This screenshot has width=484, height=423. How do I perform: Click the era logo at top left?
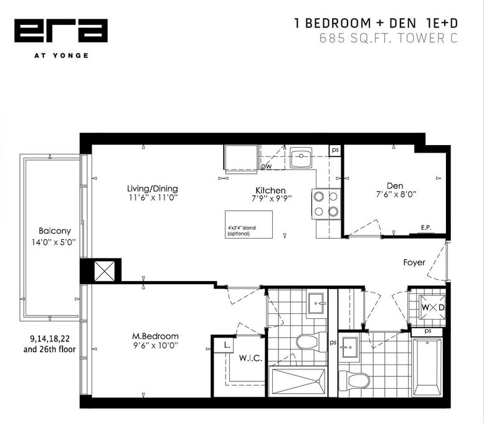61,31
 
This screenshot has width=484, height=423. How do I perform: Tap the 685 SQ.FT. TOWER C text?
388,38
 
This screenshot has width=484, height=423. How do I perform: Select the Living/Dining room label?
153,188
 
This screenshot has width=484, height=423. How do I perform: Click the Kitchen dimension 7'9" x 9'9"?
272,199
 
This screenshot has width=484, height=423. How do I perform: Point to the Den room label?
395,186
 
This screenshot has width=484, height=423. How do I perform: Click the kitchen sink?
301,158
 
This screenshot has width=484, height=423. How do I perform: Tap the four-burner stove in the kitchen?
326,204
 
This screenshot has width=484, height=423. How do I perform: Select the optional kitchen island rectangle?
249,224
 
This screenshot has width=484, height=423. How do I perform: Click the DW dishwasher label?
267,167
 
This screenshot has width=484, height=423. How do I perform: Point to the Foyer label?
414,262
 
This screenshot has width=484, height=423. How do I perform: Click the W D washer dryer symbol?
433,308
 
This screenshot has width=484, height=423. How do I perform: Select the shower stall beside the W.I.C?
298,381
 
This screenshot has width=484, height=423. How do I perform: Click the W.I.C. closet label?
250,358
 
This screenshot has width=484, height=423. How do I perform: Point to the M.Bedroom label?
155,336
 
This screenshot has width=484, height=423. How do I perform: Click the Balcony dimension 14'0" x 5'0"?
54,242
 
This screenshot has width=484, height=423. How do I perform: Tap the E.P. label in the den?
426,227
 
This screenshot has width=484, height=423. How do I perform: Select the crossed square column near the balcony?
104,271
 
